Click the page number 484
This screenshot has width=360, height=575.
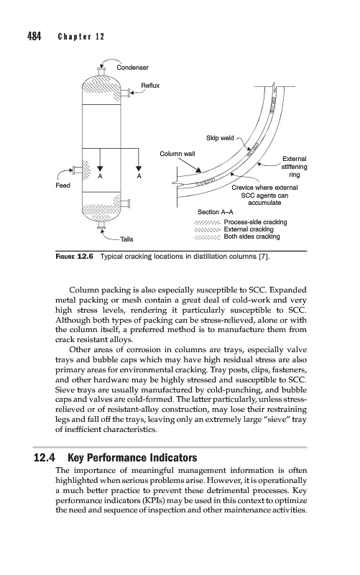[x=34, y=37]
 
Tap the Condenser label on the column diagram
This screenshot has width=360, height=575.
[x=132, y=68]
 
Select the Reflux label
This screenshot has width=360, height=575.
[x=150, y=86]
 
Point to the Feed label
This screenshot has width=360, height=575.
[x=63, y=185]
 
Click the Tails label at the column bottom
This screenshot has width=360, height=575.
[x=127, y=239]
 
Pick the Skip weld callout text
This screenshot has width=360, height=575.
[x=220, y=138]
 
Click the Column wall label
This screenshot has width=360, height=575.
[x=177, y=154]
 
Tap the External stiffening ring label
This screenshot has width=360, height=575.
[x=295, y=167]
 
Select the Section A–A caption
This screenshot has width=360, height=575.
[x=215, y=212]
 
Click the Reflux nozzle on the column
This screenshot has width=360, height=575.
[x=125, y=93]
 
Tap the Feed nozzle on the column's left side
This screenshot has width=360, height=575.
[x=77, y=170]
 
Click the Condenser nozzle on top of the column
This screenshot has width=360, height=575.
[x=101, y=71]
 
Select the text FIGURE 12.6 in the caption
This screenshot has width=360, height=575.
[x=74, y=257]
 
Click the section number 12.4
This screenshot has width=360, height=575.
[x=45, y=458]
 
